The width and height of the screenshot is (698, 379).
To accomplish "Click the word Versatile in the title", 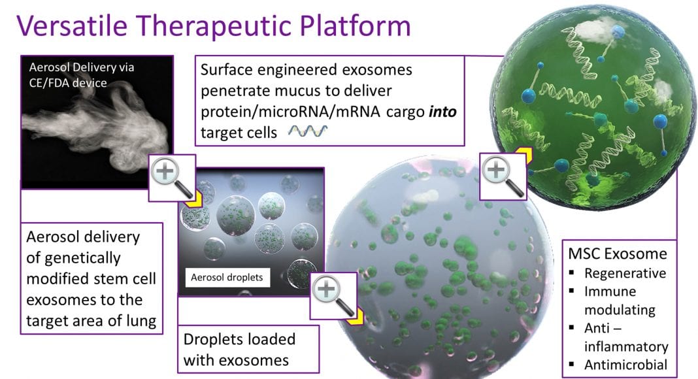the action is pyautogui.click(x=73, y=25).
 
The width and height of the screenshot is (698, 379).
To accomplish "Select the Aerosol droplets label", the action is pyautogui.click(x=227, y=277).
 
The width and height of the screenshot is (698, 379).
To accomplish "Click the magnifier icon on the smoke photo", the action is pyautogui.click(x=171, y=178).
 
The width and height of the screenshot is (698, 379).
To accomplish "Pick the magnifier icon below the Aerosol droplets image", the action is pyautogui.click(x=333, y=296).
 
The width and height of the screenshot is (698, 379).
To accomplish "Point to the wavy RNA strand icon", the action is pyautogui.click(x=308, y=131).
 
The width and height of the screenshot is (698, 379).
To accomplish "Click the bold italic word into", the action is pyautogui.click(x=442, y=111).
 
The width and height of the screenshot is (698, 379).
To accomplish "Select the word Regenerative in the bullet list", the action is pyautogui.click(x=625, y=272).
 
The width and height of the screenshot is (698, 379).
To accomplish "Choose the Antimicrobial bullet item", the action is pyautogui.click(x=625, y=365).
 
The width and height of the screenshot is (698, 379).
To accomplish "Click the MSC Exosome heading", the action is pyautogui.click(x=618, y=254).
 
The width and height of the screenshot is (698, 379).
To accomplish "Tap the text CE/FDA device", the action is pyautogui.click(x=68, y=83).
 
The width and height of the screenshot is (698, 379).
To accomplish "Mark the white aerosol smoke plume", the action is pyautogui.click(x=95, y=127).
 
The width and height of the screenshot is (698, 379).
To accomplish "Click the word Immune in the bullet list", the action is pyautogui.click(x=610, y=291).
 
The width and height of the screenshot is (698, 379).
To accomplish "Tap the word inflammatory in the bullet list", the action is pyautogui.click(x=626, y=346).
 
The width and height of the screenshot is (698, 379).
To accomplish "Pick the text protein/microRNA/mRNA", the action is pyautogui.click(x=290, y=112).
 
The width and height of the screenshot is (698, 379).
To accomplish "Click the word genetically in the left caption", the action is pyautogui.click(x=82, y=258).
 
